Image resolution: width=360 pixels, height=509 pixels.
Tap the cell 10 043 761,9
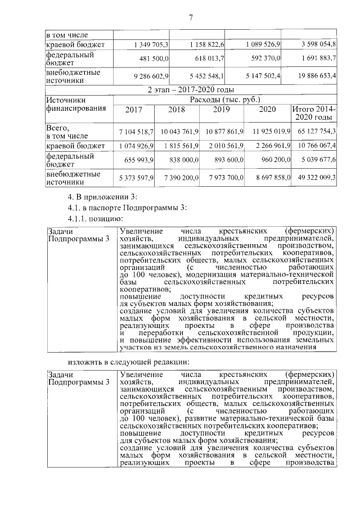coord(179,132)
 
